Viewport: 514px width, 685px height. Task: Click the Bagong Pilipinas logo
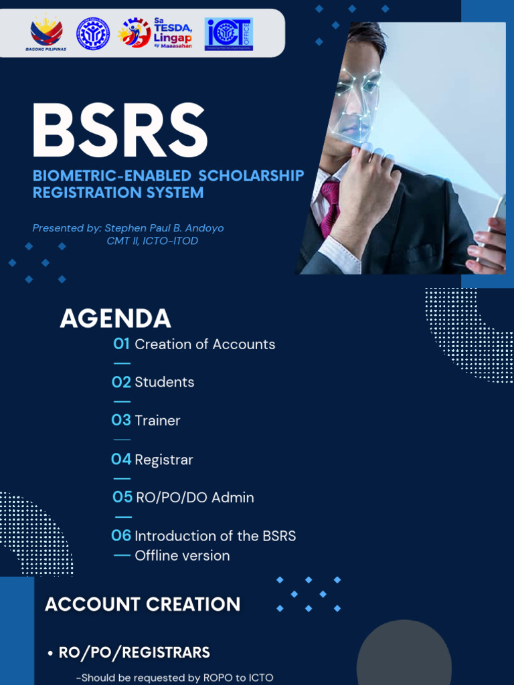46,33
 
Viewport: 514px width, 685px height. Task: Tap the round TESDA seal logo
93,33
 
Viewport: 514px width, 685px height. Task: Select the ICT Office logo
229,34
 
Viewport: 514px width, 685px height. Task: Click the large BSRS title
120,131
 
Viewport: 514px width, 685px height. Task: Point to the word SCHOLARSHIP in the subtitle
252,176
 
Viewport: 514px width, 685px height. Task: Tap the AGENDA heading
115,319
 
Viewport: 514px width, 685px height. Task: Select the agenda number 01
121,344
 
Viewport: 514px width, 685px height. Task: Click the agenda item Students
165,383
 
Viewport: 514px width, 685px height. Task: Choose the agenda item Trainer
157,421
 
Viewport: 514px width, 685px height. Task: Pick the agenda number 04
121,460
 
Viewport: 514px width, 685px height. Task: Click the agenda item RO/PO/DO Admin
195,498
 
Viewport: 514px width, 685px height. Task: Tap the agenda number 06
121,536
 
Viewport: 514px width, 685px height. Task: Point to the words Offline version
182,556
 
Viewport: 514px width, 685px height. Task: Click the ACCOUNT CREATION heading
143,605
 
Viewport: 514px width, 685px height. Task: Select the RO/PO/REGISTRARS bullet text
135,653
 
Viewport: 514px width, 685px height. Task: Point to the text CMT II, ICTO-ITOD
153,241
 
